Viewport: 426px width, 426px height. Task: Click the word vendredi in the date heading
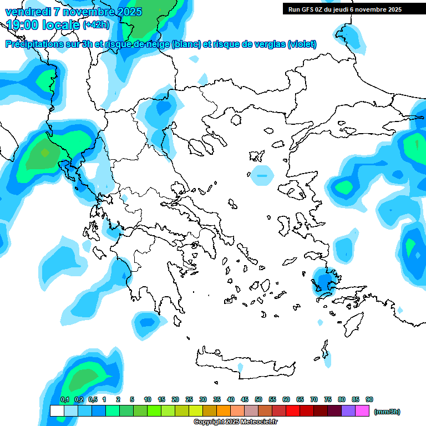coord(25,12)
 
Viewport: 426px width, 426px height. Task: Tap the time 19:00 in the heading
coord(22,24)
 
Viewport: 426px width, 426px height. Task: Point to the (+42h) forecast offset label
coord(96,25)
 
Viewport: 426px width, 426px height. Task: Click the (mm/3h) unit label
coord(387,412)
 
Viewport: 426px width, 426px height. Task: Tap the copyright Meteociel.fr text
coord(236,422)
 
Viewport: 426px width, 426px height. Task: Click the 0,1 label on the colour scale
coord(64,399)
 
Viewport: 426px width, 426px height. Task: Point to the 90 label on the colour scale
coord(369,399)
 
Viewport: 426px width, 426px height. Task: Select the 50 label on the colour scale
coord(258,399)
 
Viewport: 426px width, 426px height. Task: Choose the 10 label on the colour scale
coord(148,399)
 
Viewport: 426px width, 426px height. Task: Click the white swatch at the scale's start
coord(57,410)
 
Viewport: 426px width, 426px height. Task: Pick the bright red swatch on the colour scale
coord(293,410)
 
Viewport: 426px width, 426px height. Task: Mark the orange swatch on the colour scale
coord(224,410)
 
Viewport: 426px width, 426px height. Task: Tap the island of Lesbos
coord(295,191)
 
